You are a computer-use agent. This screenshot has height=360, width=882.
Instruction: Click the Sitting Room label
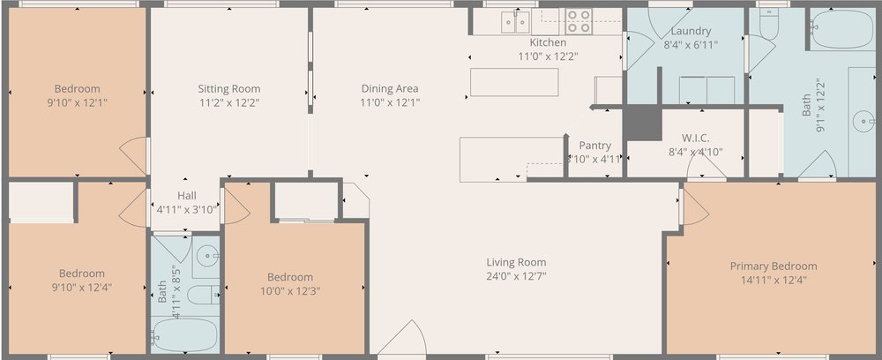(228, 88)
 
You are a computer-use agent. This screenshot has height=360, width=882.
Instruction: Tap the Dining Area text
(389, 88)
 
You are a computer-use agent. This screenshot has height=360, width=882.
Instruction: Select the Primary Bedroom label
(773, 266)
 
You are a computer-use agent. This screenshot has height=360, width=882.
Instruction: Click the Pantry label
(595, 146)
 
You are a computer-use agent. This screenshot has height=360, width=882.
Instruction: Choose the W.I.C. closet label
(695, 138)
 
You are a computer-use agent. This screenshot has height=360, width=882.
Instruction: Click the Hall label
(186, 196)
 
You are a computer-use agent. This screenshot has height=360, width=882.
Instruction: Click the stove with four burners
(579, 20)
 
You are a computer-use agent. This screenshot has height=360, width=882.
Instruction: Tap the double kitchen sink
(515, 21)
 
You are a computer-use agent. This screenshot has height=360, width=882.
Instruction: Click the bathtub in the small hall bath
(184, 334)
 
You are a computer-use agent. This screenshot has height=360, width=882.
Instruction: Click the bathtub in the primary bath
(842, 29)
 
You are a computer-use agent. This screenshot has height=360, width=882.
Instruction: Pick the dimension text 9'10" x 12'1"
(77, 102)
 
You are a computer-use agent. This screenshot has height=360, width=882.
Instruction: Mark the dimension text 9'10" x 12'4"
(81, 287)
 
